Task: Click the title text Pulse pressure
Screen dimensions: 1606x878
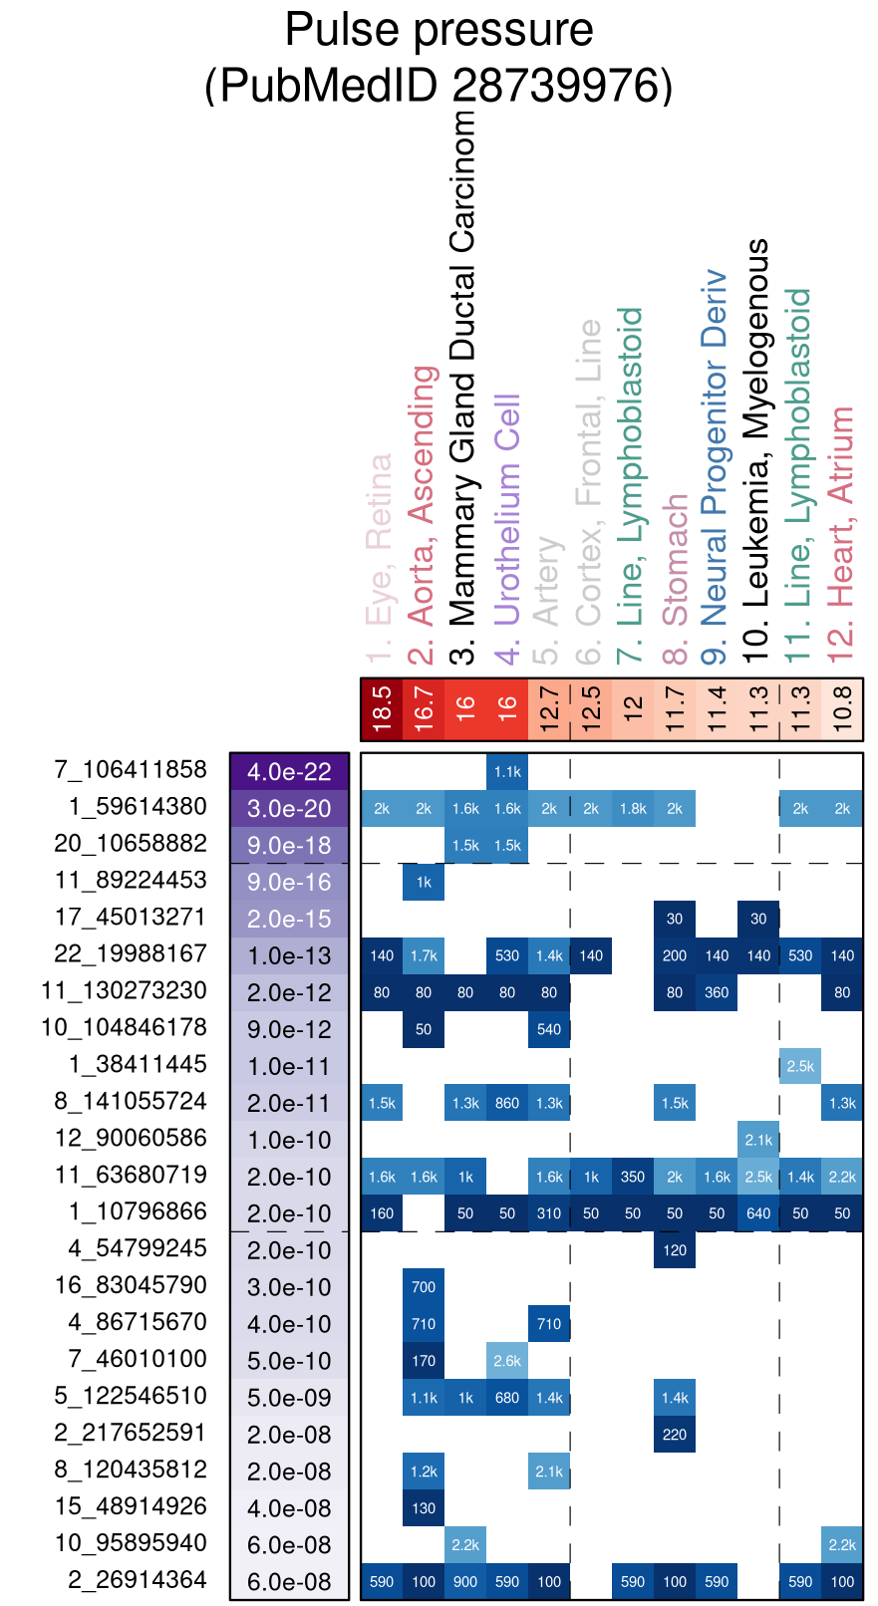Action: (x=439, y=30)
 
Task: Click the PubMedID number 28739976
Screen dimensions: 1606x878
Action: (x=562, y=85)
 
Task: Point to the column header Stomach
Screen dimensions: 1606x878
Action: (x=675, y=560)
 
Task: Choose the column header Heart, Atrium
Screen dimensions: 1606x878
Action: (x=842, y=533)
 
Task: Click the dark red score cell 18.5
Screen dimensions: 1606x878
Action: (x=382, y=709)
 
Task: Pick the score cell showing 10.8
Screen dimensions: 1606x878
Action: (x=842, y=709)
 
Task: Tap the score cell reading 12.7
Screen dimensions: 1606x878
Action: (x=549, y=709)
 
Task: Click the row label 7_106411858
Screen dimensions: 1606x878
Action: (x=131, y=770)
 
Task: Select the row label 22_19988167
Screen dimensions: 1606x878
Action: (x=131, y=954)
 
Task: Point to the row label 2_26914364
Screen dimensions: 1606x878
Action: (x=138, y=1580)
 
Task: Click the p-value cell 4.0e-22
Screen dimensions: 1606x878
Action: (x=289, y=772)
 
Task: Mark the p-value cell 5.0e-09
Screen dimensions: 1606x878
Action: (x=289, y=1398)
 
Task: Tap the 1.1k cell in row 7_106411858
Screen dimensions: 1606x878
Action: (x=507, y=771)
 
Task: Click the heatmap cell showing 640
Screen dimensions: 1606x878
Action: (x=758, y=1213)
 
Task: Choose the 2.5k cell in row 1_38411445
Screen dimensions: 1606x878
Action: (x=800, y=1066)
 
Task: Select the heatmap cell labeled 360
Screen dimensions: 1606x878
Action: (x=717, y=992)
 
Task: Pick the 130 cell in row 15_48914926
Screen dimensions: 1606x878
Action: (x=424, y=1508)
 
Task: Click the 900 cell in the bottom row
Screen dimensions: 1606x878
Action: (x=465, y=1582)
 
